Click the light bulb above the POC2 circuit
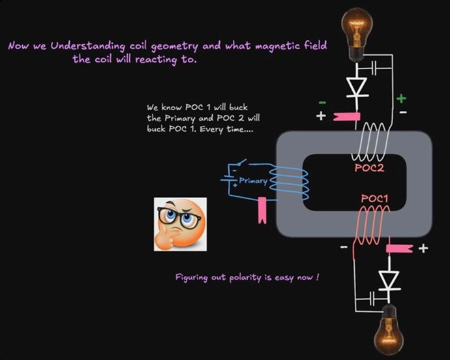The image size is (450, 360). tap(357, 34)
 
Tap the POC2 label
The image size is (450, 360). tap(369, 168)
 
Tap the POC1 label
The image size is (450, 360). tap(374, 198)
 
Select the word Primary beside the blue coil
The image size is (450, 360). tap(253, 181)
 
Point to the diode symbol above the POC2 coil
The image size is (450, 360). tap(357, 87)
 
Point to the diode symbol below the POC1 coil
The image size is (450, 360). tap(389, 280)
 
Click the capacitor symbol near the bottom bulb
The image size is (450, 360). tap(372, 299)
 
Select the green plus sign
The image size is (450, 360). tap(401, 98)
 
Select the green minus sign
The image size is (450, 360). tap(322, 102)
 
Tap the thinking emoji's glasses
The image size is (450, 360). tap(179, 216)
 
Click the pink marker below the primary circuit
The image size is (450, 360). tap(262, 210)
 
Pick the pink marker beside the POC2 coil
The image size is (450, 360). tap(347, 117)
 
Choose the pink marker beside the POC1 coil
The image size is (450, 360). tap(400, 248)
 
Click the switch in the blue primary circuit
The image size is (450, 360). tap(242, 162)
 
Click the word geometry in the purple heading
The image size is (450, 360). tap(175, 47)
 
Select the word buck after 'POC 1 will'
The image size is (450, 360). tap(239, 108)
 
